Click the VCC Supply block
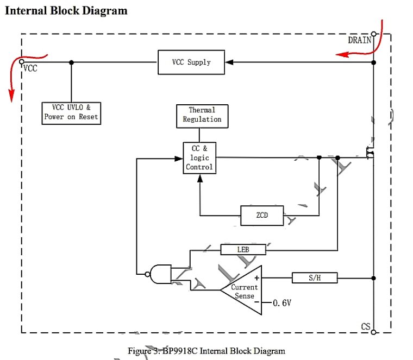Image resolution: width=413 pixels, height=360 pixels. [x=191, y=62]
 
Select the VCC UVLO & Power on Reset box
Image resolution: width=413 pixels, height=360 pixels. [x=71, y=112]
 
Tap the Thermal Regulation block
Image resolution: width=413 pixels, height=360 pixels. [x=202, y=115]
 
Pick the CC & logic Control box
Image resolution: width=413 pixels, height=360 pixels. [x=199, y=158]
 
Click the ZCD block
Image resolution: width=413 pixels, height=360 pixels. [x=262, y=216]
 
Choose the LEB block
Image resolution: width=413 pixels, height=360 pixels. [x=243, y=250]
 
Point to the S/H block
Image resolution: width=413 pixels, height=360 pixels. [x=315, y=278]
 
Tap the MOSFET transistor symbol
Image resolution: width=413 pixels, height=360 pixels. [x=370, y=154]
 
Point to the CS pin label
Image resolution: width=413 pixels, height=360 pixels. [x=366, y=326]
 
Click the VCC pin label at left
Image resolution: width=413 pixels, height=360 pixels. [x=30, y=69]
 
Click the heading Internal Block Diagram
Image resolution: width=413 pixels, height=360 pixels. [x=66, y=11]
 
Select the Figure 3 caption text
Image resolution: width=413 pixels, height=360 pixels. [x=206, y=350]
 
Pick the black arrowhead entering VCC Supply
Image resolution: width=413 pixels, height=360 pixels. [x=229, y=62]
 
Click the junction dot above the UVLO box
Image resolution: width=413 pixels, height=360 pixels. [x=71, y=62]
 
